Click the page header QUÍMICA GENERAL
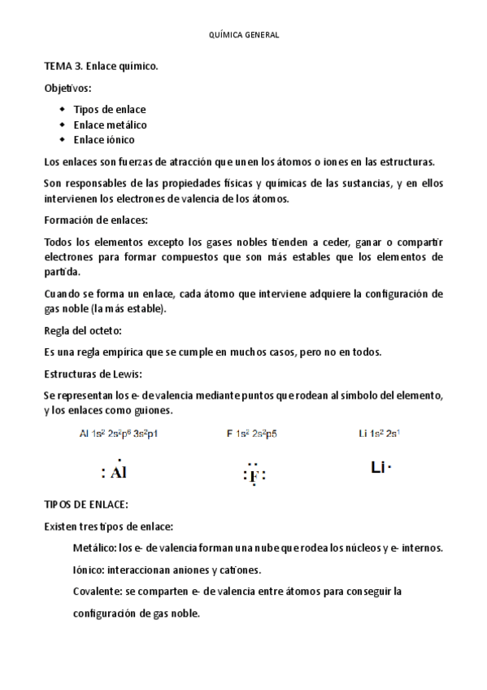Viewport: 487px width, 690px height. (x=244, y=35)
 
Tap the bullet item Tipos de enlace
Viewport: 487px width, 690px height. (x=110, y=109)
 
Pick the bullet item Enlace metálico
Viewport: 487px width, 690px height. (x=110, y=124)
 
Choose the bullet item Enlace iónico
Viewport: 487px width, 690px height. (x=104, y=140)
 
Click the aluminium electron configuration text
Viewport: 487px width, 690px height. (x=119, y=435)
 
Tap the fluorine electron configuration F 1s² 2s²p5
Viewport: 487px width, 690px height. (x=252, y=435)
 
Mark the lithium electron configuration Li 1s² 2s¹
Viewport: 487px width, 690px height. (x=378, y=435)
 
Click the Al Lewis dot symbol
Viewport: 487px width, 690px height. (x=115, y=472)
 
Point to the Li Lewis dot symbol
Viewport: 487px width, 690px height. (x=380, y=467)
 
